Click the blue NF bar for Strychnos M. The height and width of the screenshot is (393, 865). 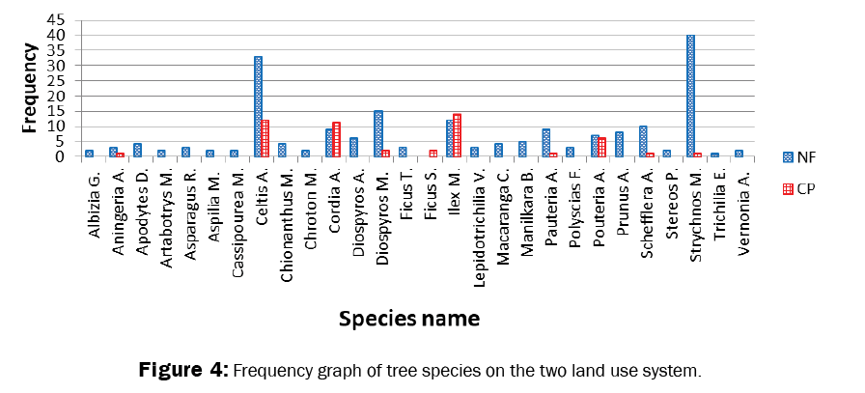[x=690, y=96]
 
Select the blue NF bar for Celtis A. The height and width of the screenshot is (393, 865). [x=258, y=106]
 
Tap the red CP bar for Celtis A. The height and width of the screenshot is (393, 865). [x=265, y=138]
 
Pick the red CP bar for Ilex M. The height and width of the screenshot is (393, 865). [x=458, y=135]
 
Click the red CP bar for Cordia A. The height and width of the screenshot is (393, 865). [x=337, y=139]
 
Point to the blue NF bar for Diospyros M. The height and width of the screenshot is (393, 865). [x=377, y=133]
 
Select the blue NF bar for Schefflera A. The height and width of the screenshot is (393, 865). [x=642, y=141]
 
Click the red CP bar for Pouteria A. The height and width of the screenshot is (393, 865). [x=602, y=147]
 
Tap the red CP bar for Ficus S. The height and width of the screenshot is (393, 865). [x=433, y=153]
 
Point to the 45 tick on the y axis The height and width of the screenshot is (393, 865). [x=56, y=20]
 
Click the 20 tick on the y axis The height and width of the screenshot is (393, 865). [x=56, y=96]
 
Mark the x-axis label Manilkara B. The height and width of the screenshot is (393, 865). [x=523, y=201]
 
